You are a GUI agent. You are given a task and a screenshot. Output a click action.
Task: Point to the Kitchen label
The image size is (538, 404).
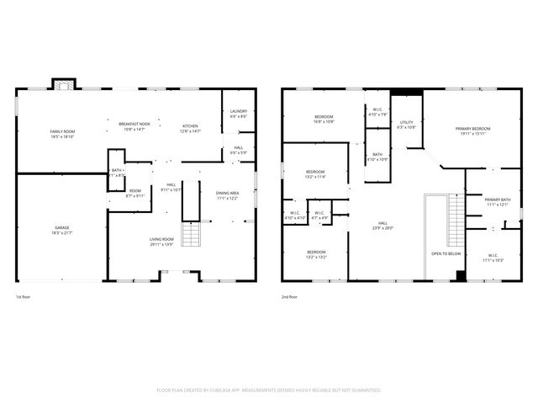[191, 128]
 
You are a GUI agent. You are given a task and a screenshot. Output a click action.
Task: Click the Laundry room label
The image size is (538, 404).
[238, 113]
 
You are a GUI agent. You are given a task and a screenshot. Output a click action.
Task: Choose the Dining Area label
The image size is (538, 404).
[228, 195]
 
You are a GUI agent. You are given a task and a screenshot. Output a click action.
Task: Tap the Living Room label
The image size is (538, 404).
[161, 242]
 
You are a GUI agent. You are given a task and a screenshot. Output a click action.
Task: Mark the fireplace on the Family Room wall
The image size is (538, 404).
[62, 83]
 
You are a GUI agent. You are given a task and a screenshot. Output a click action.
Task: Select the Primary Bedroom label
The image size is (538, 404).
[472, 130]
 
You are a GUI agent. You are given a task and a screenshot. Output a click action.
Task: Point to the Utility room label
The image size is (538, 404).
[406, 125]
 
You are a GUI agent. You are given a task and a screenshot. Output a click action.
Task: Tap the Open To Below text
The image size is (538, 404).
[446, 252]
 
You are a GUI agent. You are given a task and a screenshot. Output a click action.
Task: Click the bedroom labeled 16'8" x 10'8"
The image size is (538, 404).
[324, 119]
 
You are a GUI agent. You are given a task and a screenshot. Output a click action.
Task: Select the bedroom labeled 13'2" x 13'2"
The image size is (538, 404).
[316, 254]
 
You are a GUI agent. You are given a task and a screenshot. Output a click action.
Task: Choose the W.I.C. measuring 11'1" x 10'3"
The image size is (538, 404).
[493, 258]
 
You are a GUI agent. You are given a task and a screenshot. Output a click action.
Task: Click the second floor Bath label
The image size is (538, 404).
[377, 157]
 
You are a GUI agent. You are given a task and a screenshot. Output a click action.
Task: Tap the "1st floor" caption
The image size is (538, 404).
[23, 297]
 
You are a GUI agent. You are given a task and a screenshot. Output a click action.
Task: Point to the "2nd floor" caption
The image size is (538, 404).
[288, 297]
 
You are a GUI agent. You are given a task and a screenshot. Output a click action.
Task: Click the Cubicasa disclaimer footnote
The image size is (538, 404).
[269, 390]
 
